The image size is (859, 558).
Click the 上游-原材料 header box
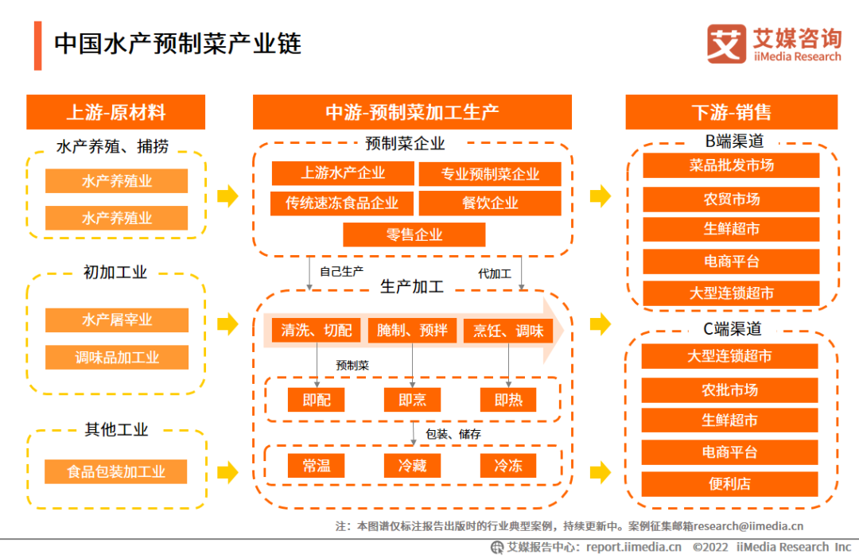pos(116,112)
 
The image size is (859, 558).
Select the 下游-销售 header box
pos(731,112)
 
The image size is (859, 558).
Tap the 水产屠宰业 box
pos(117,320)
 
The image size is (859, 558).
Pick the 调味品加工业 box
pos(117,358)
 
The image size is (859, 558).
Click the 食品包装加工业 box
pos(116,471)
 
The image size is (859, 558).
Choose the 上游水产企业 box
pos(343,173)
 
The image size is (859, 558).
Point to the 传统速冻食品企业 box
pos(342,203)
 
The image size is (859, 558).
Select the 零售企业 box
pos(414,234)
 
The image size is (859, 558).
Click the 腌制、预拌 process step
pos(412,331)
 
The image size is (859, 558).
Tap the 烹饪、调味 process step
pos(508,331)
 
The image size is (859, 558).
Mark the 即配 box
pos(317,400)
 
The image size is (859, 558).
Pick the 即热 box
pos(508,400)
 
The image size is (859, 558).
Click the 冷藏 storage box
pos(412,466)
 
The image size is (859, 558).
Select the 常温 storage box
pos(317,466)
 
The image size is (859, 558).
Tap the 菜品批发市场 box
pos(731,165)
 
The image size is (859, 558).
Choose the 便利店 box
pos(729,483)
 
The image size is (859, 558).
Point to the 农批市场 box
pos(729,389)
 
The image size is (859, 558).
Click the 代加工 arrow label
pos(494,273)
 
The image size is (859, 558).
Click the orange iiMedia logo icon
pos(726,44)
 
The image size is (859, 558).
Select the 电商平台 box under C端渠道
pos(729,452)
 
